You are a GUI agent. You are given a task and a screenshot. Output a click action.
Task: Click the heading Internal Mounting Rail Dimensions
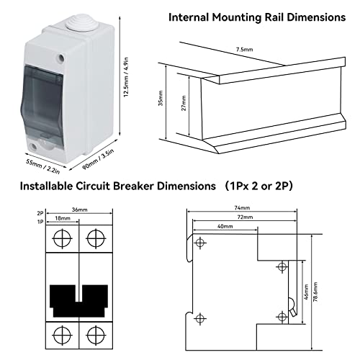pos(256,17)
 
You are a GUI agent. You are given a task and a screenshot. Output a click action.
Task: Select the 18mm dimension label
pos(61,217)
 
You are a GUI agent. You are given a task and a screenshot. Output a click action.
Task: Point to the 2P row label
pos(40,214)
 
